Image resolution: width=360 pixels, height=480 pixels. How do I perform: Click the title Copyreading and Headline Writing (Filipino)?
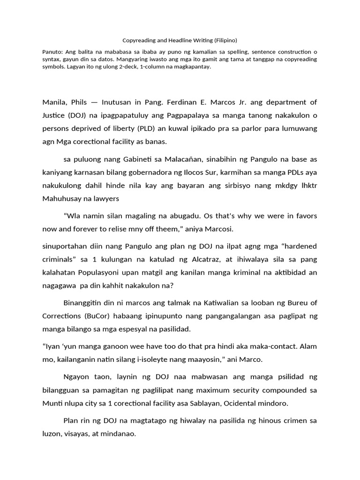pos(180,40)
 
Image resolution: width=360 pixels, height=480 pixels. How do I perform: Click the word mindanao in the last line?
pos(119,435)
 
